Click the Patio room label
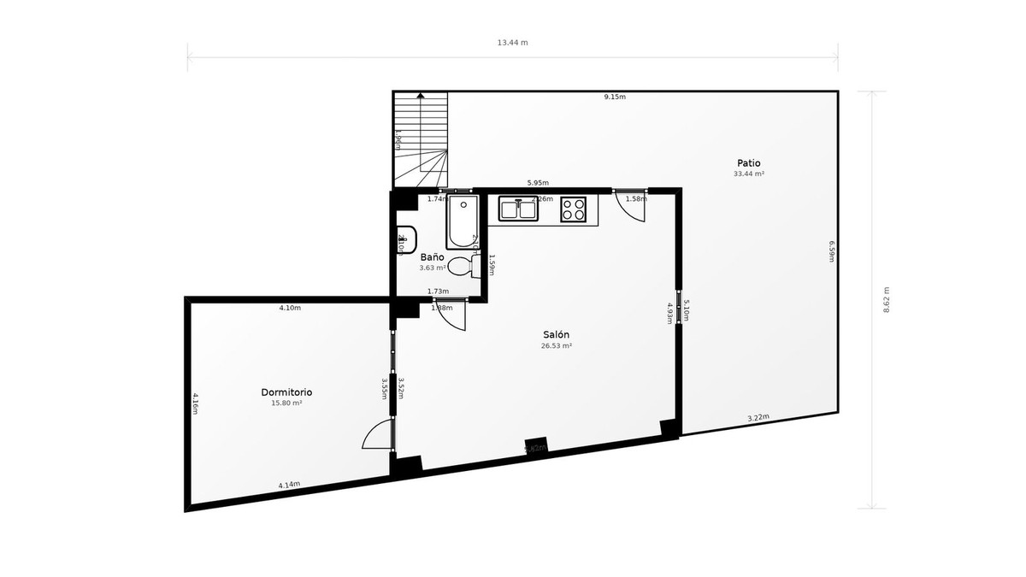(748, 163)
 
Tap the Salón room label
(556, 335)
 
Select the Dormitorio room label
(286, 392)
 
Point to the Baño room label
(432, 256)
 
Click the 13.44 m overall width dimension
(513, 42)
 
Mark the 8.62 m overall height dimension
(887, 299)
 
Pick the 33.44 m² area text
(748, 174)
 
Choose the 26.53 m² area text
(556, 346)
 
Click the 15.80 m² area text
(286, 403)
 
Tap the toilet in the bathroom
(463, 267)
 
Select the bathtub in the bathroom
(462, 221)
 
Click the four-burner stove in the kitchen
(574, 209)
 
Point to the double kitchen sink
(519, 209)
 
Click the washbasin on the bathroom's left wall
(407, 241)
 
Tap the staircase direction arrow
(420, 96)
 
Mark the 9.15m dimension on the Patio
(615, 97)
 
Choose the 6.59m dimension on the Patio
(831, 251)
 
